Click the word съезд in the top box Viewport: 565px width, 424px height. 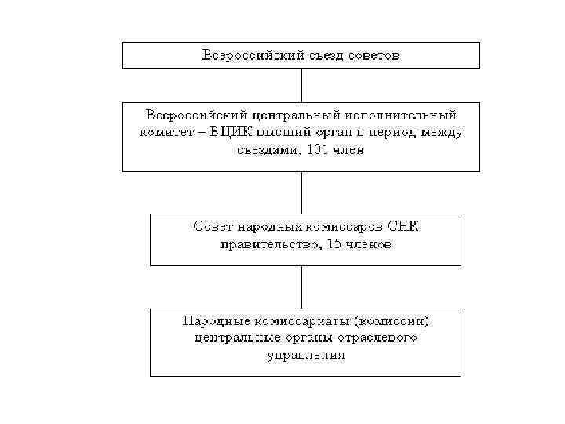point(319,56)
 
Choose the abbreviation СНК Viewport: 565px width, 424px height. point(403,227)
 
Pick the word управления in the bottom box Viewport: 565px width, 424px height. point(305,355)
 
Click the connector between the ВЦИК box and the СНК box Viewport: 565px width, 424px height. point(301,192)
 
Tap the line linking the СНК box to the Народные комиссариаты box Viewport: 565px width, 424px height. point(301,287)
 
